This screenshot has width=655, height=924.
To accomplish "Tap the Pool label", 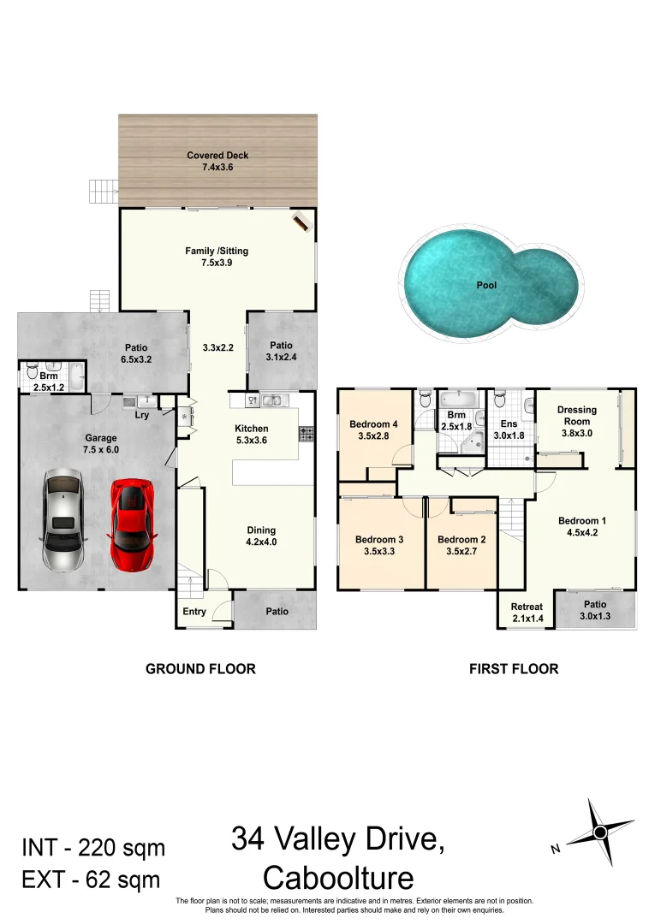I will coord(486,286).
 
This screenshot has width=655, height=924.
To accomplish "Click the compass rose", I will coord(600,832).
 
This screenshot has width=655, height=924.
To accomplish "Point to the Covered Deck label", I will coord(217,156).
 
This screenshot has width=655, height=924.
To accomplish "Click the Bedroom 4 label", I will coord(373,424).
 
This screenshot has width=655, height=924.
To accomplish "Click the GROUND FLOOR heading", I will coord(200,669).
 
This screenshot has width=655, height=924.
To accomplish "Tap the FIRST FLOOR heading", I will coord(514,669).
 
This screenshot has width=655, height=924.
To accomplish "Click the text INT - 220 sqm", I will coord(92,848).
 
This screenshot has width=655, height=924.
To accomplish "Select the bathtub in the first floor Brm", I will coord(461,400).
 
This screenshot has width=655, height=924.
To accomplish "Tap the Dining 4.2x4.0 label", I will coord(261,536).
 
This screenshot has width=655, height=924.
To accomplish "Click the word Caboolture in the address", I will coord(338,878).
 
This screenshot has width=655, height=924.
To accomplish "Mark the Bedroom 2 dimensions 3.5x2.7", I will coord(461,553).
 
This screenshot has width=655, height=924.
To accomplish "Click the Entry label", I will coord(194,612).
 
